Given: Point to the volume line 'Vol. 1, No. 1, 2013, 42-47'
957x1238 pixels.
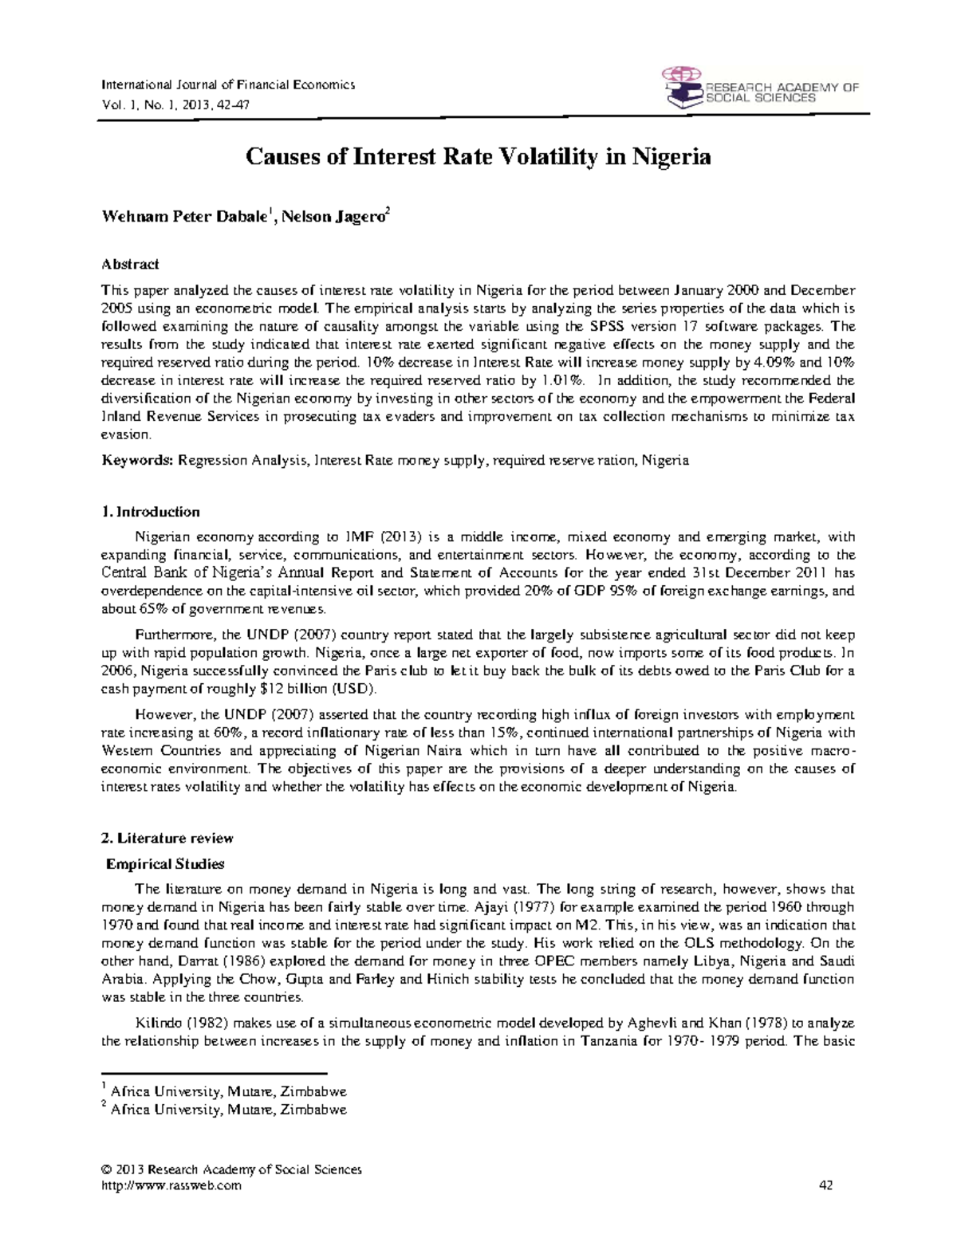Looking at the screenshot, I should pos(174,104).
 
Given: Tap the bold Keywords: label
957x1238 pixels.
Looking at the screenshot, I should pos(137,461).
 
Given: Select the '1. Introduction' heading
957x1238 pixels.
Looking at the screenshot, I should pos(150,512).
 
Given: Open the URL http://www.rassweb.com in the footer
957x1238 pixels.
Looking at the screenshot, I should pos(171,1185).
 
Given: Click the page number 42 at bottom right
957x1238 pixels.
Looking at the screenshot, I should pos(825,1185).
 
